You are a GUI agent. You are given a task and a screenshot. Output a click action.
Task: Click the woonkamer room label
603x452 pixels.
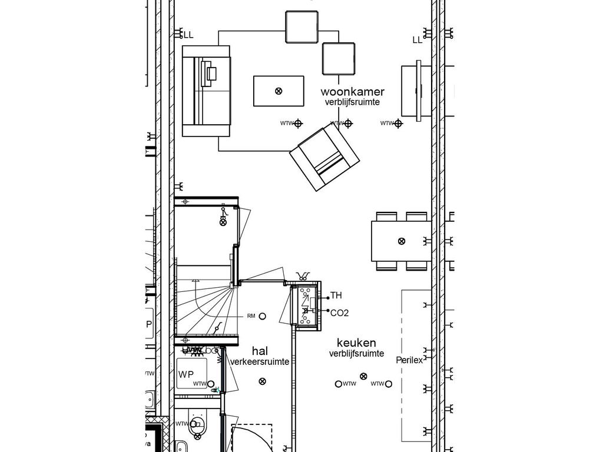pos(353,92)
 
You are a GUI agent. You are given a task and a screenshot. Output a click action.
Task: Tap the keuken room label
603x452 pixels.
pos(356,343)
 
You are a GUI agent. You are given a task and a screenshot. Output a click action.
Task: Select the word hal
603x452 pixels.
pos(260,351)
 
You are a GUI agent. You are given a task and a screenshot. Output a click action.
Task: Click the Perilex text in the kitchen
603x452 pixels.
pos(409,360)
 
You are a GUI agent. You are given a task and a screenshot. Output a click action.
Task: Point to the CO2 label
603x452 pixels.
pos(339,313)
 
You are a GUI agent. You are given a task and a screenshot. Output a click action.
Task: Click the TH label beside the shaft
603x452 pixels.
pos(336,295)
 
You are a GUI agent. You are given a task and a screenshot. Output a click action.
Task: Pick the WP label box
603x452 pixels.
pos(186,374)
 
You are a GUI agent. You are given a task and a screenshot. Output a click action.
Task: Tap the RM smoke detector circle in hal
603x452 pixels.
pos(263,316)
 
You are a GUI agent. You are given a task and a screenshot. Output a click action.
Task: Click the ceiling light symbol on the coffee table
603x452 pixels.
pos(279,91)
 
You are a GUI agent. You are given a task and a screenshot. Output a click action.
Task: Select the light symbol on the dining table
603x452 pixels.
pos(402,241)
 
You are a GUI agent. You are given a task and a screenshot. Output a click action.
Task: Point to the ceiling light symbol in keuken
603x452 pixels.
pos(363,376)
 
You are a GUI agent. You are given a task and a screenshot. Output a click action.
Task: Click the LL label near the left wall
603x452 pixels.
pos(188,35)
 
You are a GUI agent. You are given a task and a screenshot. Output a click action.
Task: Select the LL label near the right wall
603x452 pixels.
pos(418,40)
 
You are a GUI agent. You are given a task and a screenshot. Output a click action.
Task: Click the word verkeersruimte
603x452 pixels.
pos(260,362)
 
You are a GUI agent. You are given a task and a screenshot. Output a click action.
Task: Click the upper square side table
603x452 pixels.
pos(301,27)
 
